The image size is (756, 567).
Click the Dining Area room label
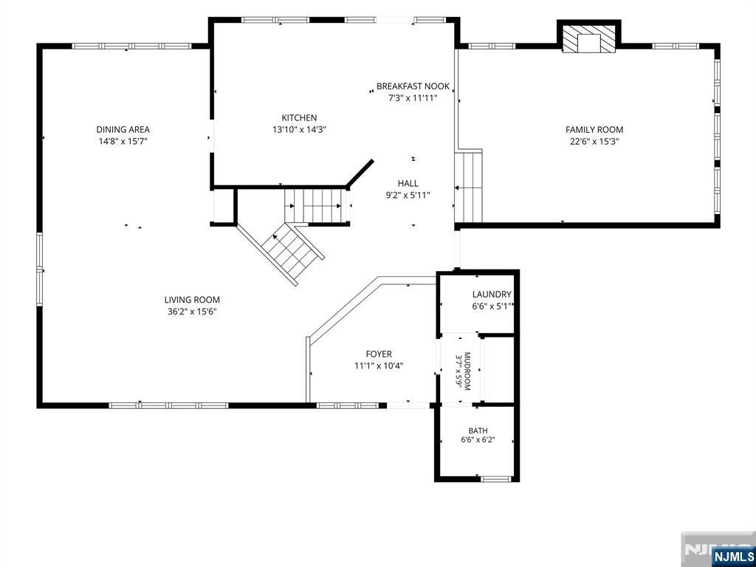click(123, 129)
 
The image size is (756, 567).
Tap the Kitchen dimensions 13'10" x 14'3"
click(300, 129)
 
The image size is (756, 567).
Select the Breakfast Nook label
click(413, 86)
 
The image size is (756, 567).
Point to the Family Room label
click(594, 129)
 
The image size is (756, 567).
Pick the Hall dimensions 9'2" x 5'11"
click(408, 195)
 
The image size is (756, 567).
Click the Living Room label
click(192, 300)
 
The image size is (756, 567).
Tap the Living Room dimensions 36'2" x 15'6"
click(192, 312)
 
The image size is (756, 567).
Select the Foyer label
click(379, 354)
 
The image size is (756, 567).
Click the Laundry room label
click(492, 294)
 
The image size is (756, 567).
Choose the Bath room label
click(478, 430)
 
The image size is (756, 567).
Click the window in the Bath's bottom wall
click(495, 478)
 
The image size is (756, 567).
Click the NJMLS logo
click(732, 556)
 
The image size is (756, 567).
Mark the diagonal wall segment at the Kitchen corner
click(360, 173)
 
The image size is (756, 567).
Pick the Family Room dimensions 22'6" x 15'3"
click(594, 142)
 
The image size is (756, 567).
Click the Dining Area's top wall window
click(133, 47)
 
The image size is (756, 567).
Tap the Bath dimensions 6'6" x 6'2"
click(478, 440)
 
